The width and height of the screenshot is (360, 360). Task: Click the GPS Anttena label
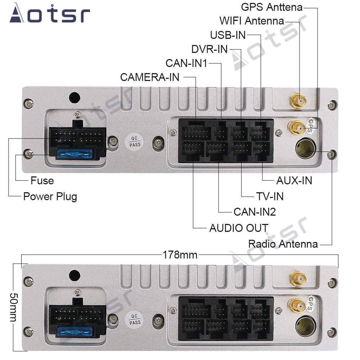(271, 7)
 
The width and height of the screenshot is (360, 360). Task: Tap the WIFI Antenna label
(252, 21)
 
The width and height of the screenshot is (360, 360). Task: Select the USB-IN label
(228, 35)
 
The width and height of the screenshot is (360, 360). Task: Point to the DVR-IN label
(210, 49)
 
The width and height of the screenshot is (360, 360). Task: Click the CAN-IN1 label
(186, 63)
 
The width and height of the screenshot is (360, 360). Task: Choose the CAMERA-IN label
(149, 77)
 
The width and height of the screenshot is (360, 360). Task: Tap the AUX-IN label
(294, 180)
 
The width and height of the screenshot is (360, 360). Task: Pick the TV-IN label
(270, 196)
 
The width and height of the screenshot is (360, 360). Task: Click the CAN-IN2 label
(255, 212)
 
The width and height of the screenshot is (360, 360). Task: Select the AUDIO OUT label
(239, 228)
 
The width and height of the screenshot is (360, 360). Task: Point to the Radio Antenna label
(283, 244)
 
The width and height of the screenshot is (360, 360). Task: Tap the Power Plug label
(50, 197)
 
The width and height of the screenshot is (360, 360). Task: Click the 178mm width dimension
(180, 255)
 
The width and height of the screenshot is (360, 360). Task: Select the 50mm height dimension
(13, 307)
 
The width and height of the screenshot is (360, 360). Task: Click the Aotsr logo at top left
(50, 15)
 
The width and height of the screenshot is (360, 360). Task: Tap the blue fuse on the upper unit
(75, 155)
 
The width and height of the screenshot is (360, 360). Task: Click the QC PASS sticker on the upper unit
(135, 141)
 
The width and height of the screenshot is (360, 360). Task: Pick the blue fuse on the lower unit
(75, 330)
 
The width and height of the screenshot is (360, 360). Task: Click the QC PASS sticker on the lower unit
(135, 318)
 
